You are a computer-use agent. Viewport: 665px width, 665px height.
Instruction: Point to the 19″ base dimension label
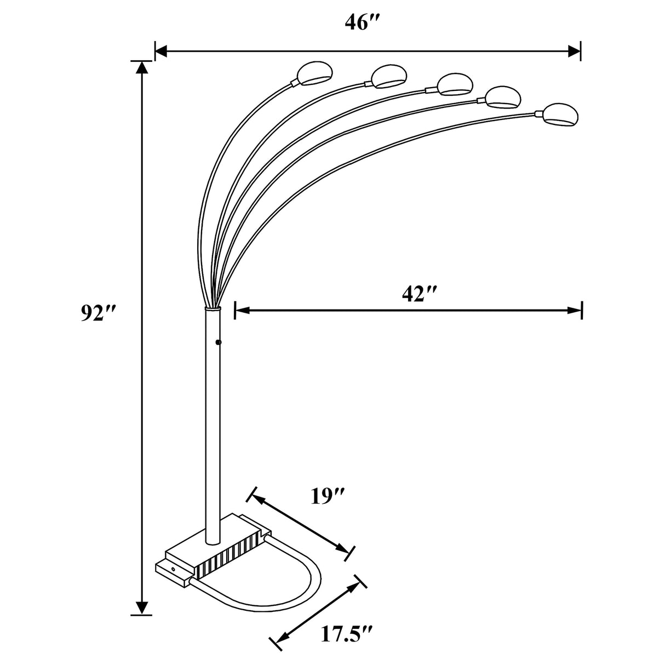tap(327, 496)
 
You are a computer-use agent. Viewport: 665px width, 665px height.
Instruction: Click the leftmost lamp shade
tap(314, 72)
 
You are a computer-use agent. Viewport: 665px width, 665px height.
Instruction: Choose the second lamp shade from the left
tap(388, 76)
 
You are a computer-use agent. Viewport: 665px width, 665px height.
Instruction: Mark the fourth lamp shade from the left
tap(502, 96)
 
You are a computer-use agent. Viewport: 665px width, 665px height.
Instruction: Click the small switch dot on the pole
tap(219, 342)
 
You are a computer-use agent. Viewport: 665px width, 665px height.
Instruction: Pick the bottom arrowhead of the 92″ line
tap(142, 608)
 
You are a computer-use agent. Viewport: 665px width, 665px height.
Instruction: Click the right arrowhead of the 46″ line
tap(574, 52)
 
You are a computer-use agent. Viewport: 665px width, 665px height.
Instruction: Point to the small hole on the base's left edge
tap(174, 570)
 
